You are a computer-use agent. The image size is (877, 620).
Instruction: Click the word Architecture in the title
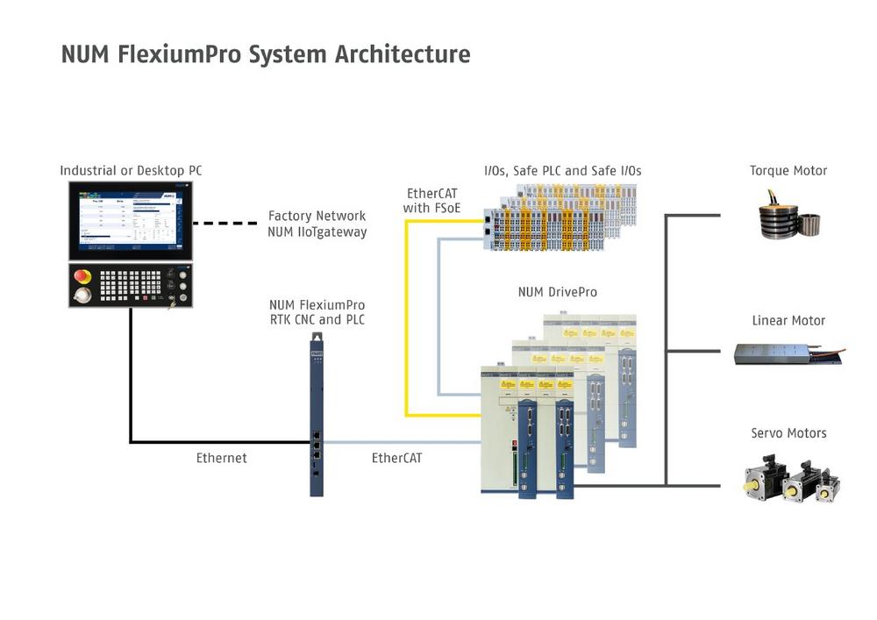403,54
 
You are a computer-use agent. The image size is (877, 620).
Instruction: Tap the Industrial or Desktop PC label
132,170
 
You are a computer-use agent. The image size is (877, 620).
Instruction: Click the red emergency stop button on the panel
82,277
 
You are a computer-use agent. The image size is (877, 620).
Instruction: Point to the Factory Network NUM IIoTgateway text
317,224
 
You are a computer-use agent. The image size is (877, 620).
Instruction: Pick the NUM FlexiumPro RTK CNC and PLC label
317,312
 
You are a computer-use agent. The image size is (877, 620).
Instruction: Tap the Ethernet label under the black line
221,458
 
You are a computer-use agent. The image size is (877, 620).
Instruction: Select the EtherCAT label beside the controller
396,458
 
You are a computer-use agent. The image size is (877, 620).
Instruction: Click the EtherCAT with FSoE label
432,200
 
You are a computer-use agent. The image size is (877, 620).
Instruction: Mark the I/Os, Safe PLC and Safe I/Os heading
562,170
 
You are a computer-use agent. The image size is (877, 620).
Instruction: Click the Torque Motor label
788,170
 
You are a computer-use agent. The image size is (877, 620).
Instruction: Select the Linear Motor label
788,321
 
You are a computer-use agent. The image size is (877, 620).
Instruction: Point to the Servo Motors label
788,433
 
